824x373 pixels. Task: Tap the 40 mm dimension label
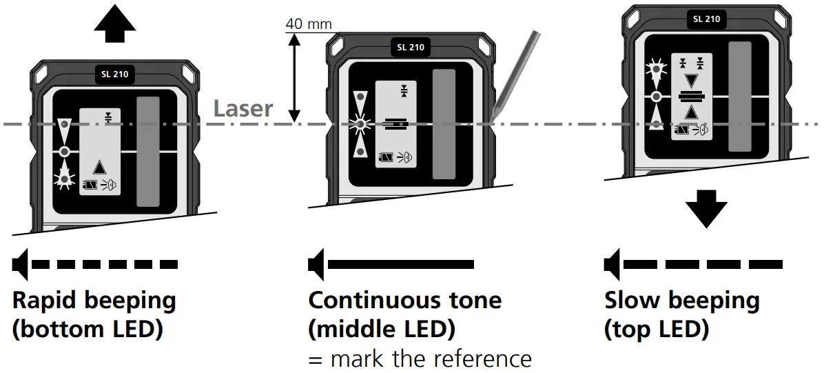(x=309, y=24)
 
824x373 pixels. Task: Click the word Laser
(x=243, y=109)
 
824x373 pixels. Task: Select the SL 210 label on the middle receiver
(x=411, y=48)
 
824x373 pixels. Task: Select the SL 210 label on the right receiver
(x=707, y=19)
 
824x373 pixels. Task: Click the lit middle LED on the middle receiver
(x=358, y=125)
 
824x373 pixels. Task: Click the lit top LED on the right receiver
(x=655, y=68)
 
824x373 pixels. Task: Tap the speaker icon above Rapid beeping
(x=21, y=264)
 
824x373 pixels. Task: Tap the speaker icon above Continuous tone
(x=317, y=264)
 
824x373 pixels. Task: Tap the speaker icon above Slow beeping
(x=612, y=264)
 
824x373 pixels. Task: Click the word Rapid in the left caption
(x=46, y=301)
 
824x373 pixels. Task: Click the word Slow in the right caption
(x=631, y=301)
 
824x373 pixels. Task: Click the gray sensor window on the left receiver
(x=148, y=151)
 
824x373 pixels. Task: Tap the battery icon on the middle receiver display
(x=384, y=159)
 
